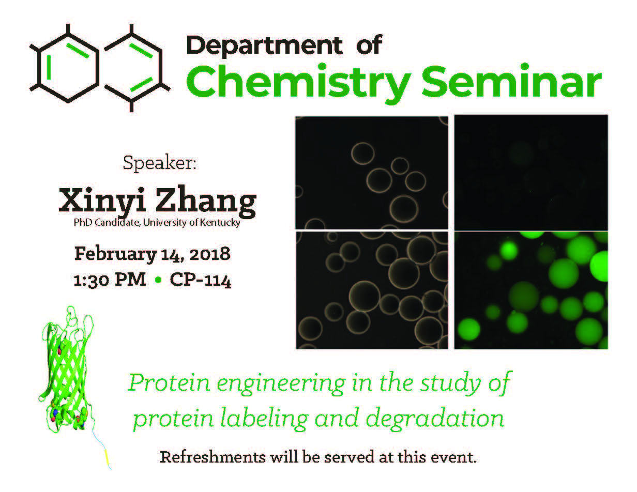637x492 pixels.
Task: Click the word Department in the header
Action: click(x=264, y=46)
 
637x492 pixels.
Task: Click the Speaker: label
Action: click(x=160, y=163)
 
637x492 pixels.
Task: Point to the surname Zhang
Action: click(x=206, y=202)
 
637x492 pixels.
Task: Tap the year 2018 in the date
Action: click(x=210, y=254)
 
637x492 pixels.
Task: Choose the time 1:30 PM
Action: click(x=110, y=280)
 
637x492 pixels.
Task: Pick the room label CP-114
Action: click(x=201, y=280)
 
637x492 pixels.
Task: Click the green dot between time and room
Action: click(x=158, y=280)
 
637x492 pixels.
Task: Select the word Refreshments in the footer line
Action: click(x=213, y=457)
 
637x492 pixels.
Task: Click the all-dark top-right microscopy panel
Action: click(x=531, y=173)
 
